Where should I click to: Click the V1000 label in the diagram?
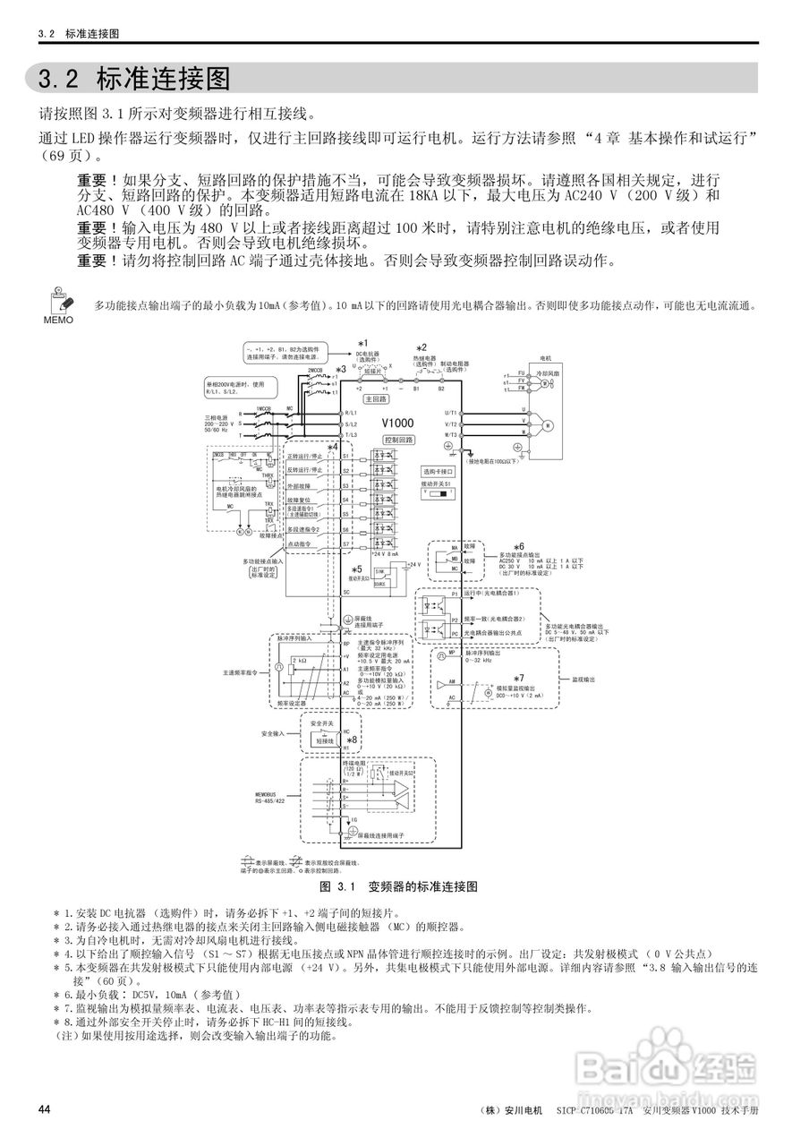pyautogui.click(x=398, y=423)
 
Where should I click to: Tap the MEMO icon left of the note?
pyautogui.click(x=57, y=305)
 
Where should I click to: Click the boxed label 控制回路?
pyautogui.click(x=399, y=440)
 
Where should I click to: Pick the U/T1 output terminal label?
pyautogui.click(x=451, y=413)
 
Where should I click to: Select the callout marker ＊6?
pyautogui.click(x=518, y=546)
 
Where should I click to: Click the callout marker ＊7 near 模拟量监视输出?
pyautogui.click(x=519, y=677)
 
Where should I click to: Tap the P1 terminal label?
pyautogui.click(x=455, y=593)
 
